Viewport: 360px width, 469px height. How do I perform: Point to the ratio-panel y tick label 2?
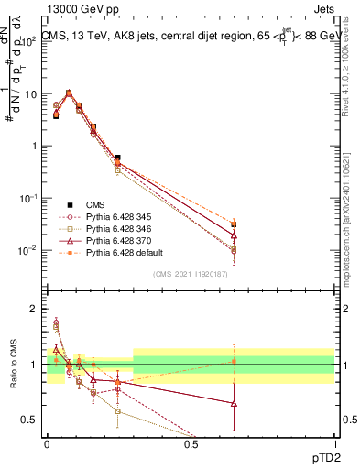point(34,309)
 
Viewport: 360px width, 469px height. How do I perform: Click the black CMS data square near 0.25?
point(117,158)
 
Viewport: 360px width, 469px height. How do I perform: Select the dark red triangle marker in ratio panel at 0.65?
point(234,403)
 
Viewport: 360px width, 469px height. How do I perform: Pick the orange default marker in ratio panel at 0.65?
point(234,362)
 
